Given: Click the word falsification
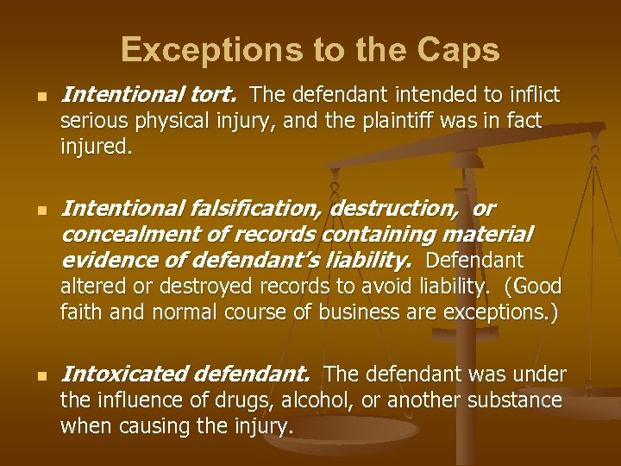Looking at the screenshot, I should click(x=260, y=208).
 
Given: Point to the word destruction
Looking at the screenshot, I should click(x=405, y=208).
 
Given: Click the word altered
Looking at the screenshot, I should click(x=90, y=287).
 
